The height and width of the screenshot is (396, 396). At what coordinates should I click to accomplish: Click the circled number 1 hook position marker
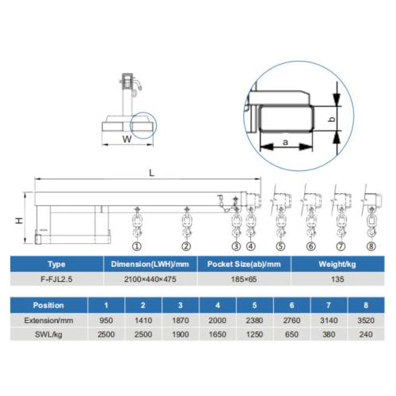(x=137, y=246)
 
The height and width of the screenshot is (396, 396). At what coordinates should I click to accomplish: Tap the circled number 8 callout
(x=371, y=246)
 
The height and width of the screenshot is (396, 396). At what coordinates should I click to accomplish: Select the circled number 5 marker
(x=280, y=246)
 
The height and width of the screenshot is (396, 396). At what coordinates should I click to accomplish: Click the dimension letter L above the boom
(x=151, y=173)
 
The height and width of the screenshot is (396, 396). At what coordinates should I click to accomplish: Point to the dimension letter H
(x=19, y=220)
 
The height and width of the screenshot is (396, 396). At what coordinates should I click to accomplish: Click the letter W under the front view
(x=127, y=139)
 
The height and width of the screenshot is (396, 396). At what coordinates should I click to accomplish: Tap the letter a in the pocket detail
(x=285, y=143)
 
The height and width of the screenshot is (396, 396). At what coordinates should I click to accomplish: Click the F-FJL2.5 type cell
(x=56, y=279)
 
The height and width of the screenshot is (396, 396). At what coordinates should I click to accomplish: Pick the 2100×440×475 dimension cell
(x=150, y=279)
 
